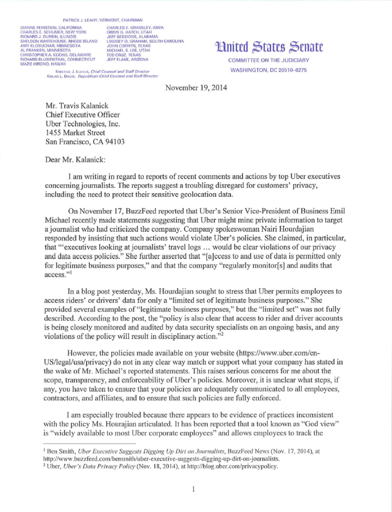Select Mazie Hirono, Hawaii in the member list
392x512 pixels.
43,64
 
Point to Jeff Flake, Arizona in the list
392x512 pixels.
127,60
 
